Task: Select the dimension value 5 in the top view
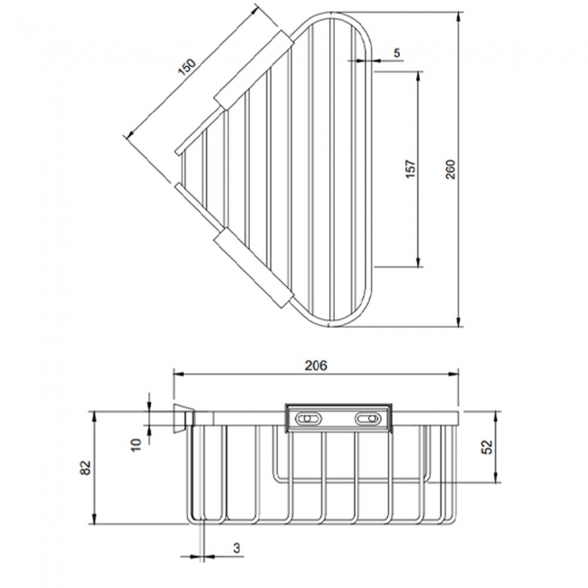pos(397,53)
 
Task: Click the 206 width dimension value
pos(314,365)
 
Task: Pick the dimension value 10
pos(137,443)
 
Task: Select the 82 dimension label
pos(85,468)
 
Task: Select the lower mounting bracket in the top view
pos(252,269)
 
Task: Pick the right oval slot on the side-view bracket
pos(368,419)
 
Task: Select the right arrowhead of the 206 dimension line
pos(459,375)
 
